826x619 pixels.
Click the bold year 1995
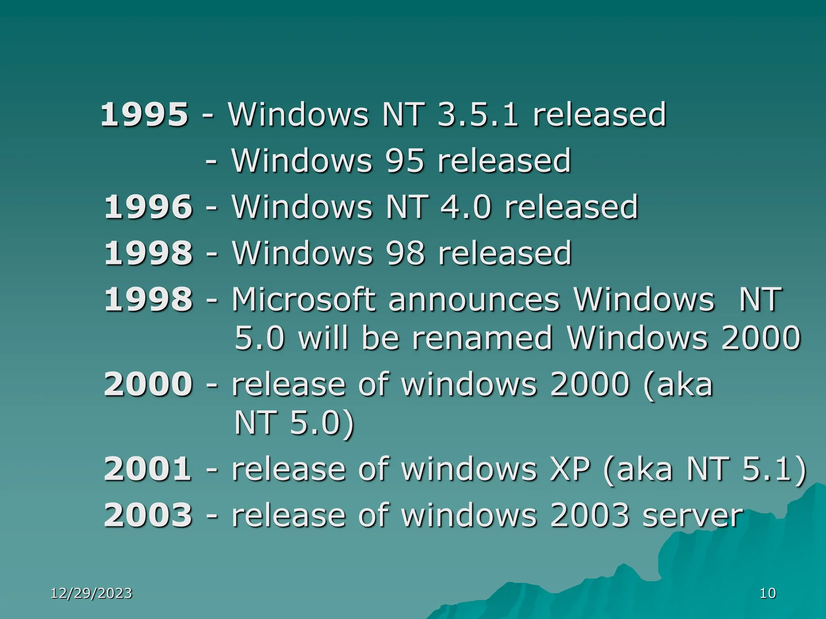click(x=144, y=114)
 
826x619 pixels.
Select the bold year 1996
click(x=148, y=207)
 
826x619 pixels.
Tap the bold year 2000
click(x=148, y=384)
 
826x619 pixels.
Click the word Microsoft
click(x=303, y=299)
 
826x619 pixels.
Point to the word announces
click(x=474, y=299)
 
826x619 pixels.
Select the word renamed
click(x=482, y=338)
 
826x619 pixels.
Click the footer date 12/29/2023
click(x=92, y=593)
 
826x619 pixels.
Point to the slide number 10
click(x=768, y=593)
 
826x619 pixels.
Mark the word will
click(x=323, y=338)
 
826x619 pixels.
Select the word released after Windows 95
click(x=504, y=161)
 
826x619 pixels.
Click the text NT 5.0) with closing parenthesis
click(x=294, y=423)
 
